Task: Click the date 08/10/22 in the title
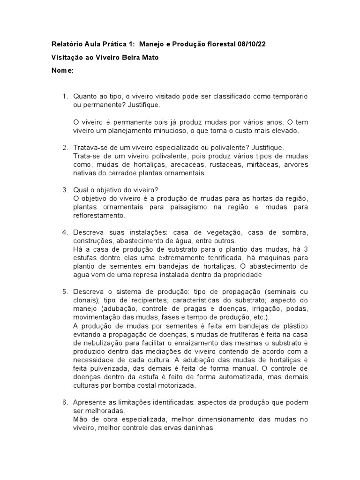pyautogui.click(x=253, y=44)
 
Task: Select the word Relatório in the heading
pyautogui.click(x=66, y=44)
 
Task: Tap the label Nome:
pyautogui.click(x=62, y=70)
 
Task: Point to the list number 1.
pyautogui.click(x=65, y=96)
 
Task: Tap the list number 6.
pyautogui.click(x=65, y=402)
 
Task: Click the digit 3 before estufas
pyautogui.click(x=306, y=249)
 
